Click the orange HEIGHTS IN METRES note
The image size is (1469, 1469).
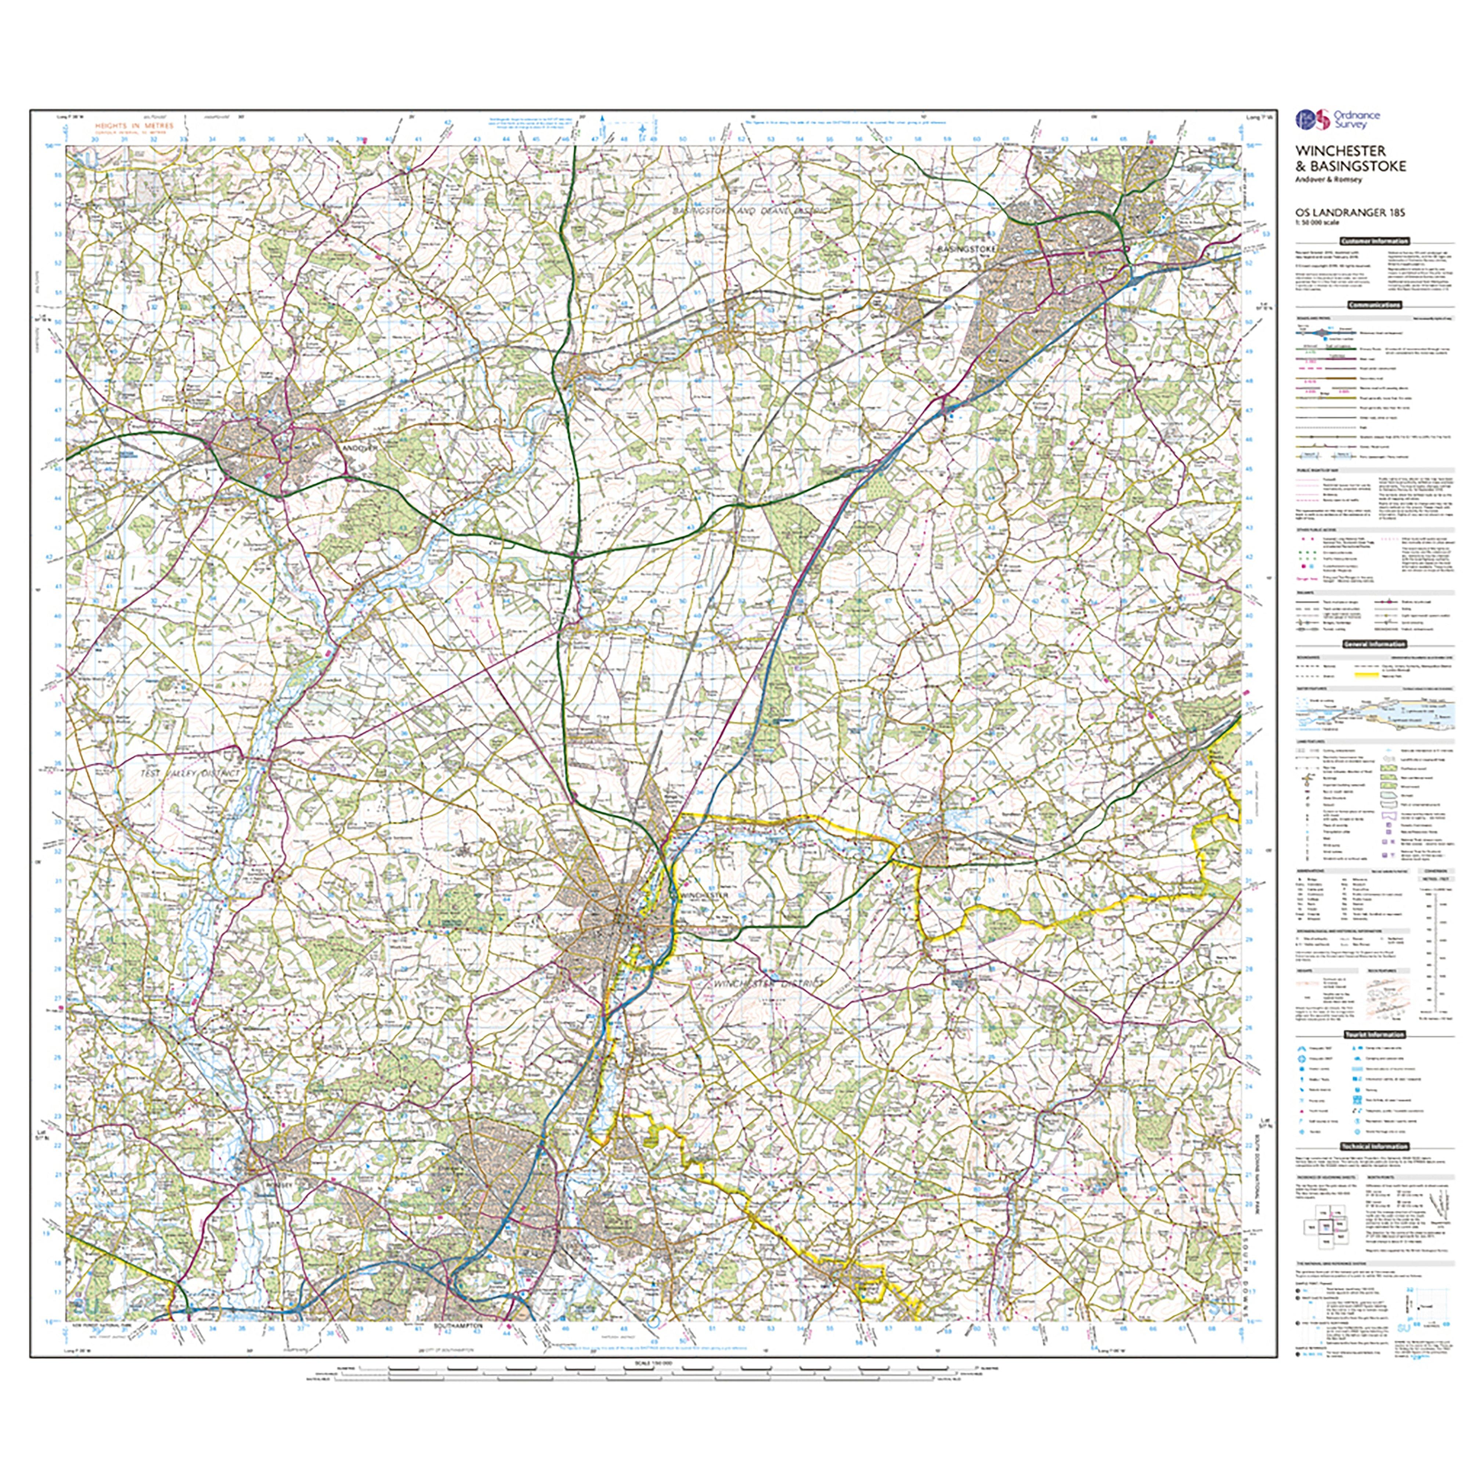pos(134,126)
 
